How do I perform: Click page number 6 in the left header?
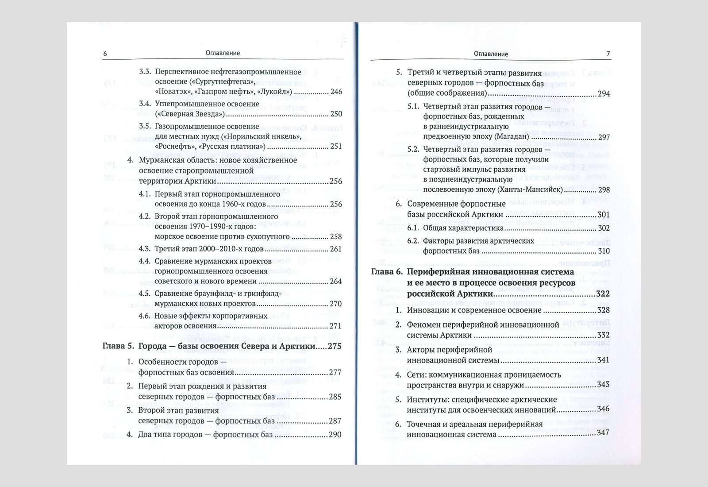pyautogui.click(x=105, y=54)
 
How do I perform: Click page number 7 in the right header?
pyautogui.click(x=608, y=54)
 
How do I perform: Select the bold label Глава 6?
pyautogui.click(x=386, y=272)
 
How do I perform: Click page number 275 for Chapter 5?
pyautogui.click(x=335, y=346)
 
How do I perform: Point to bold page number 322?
pyautogui.click(x=602, y=294)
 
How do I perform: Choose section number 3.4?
pyautogui.click(x=145, y=104)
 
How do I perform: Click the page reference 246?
pyautogui.click(x=336, y=92)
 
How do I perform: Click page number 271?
pyautogui.click(x=336, y=326)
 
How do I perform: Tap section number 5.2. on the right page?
pyautogui.click(x=413, y=149)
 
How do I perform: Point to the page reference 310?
pyautogui.click(x=604, y=251)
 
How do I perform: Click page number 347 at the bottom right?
pyautogui.click(x=603, y=433)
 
